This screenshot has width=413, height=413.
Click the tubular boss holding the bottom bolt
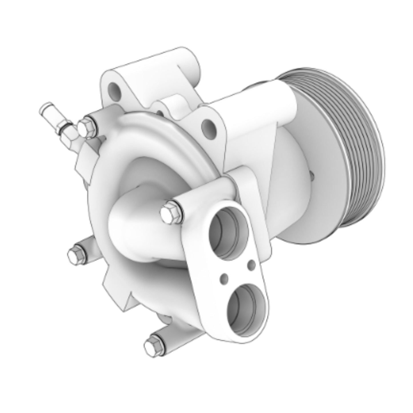tap(171, 334)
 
